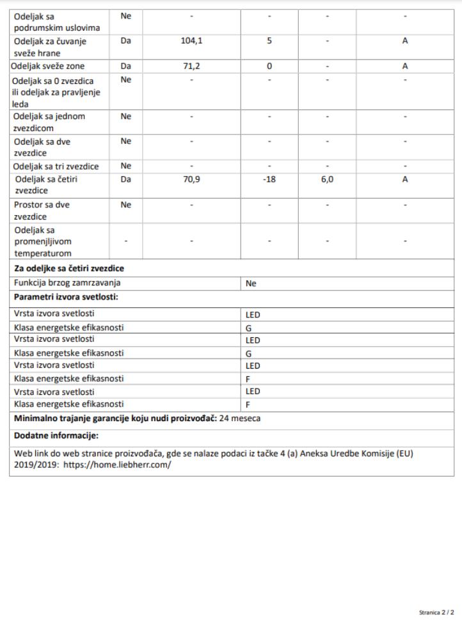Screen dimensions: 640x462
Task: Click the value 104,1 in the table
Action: point(191,41)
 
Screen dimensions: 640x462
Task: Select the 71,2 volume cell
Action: point(191,66)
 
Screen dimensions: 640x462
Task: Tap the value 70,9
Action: point(191,180)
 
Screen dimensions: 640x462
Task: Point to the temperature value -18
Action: point(269,180)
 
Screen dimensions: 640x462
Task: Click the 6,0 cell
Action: point(327,180)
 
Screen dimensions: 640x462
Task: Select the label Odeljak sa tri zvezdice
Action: point(56,166)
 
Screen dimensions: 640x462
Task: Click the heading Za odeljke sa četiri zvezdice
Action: point(69,268)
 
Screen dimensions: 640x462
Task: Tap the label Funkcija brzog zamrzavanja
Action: point(67,283)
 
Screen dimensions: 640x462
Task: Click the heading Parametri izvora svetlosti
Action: point(67,298)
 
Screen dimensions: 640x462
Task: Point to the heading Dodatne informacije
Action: point(56,436)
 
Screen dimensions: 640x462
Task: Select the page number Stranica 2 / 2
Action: point(436,612)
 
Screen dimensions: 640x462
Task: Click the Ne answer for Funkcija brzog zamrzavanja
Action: point(251,284)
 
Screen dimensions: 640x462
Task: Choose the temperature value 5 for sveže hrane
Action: point(269,41)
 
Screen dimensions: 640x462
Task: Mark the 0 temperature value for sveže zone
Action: point(269,66)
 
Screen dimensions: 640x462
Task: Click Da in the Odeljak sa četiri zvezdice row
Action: point(125,180)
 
